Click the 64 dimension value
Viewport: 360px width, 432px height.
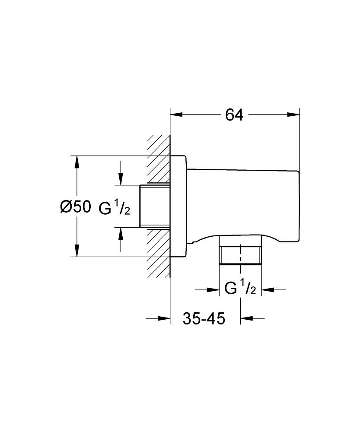point(234,115)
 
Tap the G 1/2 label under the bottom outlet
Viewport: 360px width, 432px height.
point(241,289)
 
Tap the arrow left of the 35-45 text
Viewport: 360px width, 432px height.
point(163,319)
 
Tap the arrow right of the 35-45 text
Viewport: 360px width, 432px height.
point(247,319)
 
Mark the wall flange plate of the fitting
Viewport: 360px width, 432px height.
point(178,206)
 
